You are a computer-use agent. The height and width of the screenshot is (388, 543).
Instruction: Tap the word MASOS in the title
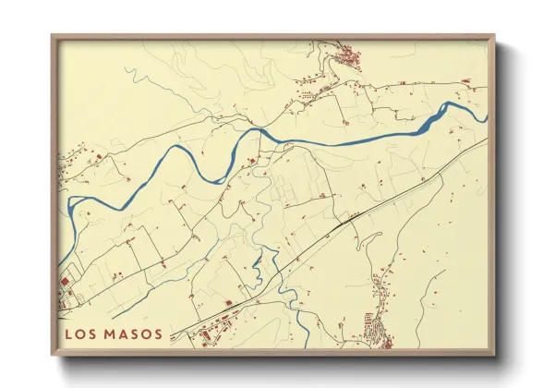click(133, 333)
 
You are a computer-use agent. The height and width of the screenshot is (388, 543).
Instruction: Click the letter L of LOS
click(70, 333)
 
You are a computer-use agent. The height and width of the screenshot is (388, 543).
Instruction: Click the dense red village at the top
click(349, 60)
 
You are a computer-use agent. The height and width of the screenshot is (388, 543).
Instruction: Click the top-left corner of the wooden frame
click(52, 36)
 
